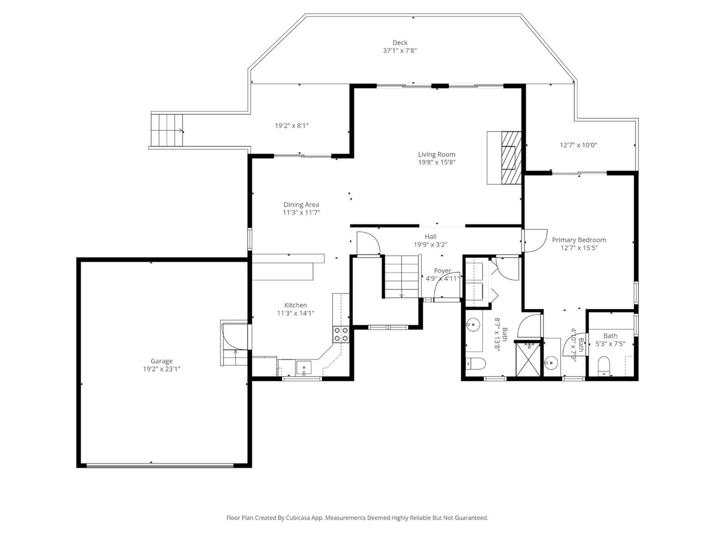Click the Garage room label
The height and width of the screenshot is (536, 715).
161,360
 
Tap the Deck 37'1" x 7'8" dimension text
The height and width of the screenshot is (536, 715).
400,51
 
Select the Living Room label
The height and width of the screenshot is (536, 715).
437,154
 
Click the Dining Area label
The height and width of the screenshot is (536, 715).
301,204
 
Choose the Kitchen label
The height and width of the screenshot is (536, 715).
295,305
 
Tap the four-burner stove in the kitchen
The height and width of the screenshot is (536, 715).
341,334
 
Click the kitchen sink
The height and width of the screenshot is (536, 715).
303,368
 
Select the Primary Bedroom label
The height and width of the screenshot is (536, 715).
579,240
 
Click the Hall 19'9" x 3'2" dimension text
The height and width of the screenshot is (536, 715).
431,245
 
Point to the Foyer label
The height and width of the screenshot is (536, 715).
442,271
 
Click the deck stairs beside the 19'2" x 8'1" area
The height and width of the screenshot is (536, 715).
166,130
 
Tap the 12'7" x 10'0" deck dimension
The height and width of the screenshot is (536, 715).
578,145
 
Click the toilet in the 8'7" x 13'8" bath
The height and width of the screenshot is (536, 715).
475,363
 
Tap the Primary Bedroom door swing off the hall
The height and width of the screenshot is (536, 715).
535,241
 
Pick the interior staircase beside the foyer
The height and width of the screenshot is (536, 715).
402,276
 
